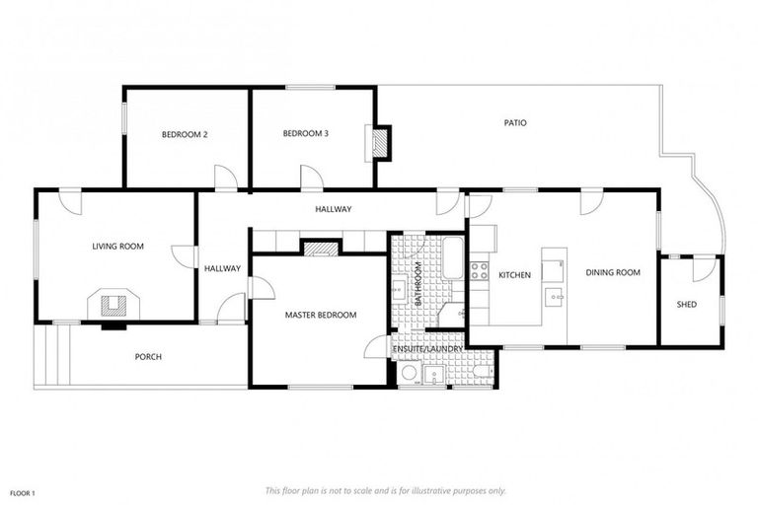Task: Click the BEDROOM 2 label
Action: coord(185,134)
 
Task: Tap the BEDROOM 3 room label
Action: coord(305,134)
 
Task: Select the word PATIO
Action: coord(515,123)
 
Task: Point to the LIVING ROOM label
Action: coord(118,246)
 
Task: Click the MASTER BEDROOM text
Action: coord(321,315)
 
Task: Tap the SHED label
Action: coord(686,305)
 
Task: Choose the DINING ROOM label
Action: coord(613,273)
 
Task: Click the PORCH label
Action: coord(148,356)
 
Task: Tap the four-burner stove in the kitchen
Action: coord(480,269)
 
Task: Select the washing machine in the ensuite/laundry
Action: coord(410,373)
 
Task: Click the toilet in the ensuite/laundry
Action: coord(479,373)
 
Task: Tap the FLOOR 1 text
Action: coord(23,490)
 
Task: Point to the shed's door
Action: coord(704,268)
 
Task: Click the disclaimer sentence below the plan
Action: coord(386,490)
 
